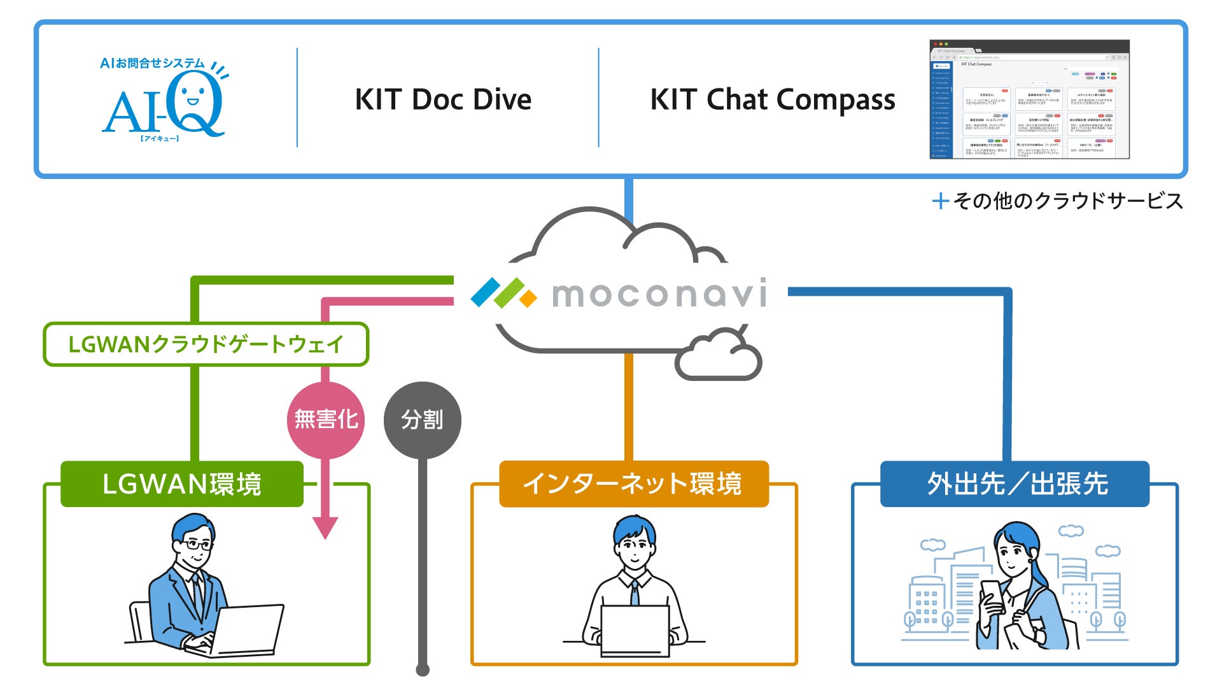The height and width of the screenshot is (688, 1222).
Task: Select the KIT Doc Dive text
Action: [443, 100]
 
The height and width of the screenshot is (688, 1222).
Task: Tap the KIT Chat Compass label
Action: [772, 100]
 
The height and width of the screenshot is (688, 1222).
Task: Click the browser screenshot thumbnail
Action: [1029, 99]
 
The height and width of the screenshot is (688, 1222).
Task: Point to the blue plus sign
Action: [941, 201]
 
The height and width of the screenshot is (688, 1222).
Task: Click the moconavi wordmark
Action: [659, 294]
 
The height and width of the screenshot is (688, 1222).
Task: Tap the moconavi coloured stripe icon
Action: [503, 293]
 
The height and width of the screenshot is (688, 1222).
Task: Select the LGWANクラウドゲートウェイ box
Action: [206, 345]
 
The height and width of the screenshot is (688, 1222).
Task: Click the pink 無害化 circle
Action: [326, 420]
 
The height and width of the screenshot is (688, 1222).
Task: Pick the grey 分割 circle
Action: [422, 420]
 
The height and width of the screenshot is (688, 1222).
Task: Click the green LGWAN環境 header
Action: [182, 484]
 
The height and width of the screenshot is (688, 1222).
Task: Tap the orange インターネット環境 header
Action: [633, 484]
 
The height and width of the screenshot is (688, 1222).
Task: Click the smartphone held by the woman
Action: [991, 596]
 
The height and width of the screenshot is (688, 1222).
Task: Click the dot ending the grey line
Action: [423, 670]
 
